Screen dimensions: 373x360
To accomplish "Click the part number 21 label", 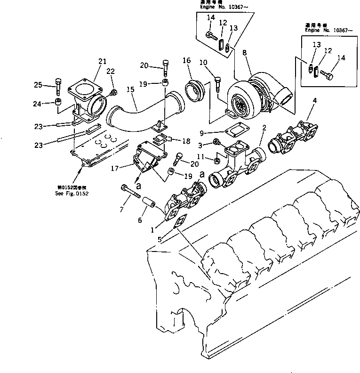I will pos(103,61).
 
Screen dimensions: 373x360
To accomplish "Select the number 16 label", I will pos(187,61).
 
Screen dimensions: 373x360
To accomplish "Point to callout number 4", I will pos(314,100).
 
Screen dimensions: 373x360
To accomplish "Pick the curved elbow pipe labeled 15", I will pos(129,118).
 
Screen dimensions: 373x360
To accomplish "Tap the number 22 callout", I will pos(111,71).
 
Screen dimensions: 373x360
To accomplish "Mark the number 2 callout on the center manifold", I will pos(265,128).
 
